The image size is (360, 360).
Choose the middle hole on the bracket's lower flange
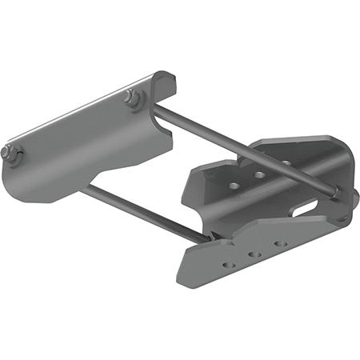click(254, 254)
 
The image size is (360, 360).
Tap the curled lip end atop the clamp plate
click(164, 79)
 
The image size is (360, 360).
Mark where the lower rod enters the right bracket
click(214, 238)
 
